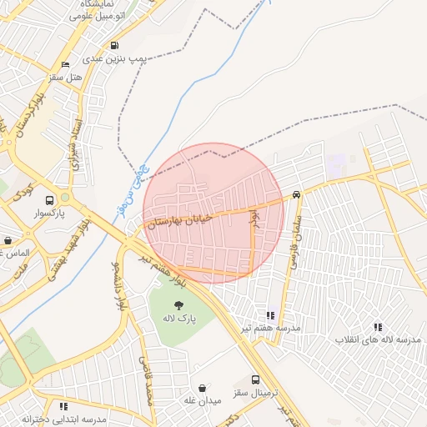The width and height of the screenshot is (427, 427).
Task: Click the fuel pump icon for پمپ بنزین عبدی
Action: tap(114, 46)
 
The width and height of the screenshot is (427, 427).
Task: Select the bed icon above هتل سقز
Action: tap(66, 65)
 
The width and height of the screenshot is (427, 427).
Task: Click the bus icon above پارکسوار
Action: tap(50, 200)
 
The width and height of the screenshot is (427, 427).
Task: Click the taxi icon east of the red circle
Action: tap(297, 194)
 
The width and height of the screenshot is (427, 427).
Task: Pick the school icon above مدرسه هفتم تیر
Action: tap(269, 315)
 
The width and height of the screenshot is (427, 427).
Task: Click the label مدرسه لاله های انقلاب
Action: tap(378, 340)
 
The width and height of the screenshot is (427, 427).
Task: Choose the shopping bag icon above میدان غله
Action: tap(203, 388)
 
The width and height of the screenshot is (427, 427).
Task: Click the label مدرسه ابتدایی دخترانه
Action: tap(64, 419)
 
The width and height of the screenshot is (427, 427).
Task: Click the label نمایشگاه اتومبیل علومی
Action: tap(94, 10)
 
